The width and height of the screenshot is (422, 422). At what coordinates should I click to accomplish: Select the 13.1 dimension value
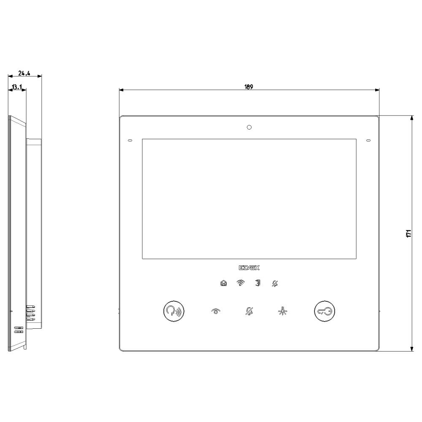17,87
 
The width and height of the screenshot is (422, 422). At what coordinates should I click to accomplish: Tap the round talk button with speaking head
173,311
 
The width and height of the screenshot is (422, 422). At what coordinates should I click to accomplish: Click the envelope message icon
223,283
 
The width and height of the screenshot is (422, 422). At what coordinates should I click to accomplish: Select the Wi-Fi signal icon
240,283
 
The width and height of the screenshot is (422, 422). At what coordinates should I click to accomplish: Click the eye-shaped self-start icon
216,311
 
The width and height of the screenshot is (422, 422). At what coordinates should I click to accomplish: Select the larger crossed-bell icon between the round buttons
249,311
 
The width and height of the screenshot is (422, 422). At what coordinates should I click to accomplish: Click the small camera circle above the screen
249,127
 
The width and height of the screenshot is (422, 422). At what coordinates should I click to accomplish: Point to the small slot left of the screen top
130,140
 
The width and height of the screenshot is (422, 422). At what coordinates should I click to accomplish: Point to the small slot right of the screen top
368,140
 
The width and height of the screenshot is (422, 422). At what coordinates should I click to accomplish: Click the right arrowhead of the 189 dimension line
377,90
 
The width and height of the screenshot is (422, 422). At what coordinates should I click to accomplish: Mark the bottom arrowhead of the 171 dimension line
411,348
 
